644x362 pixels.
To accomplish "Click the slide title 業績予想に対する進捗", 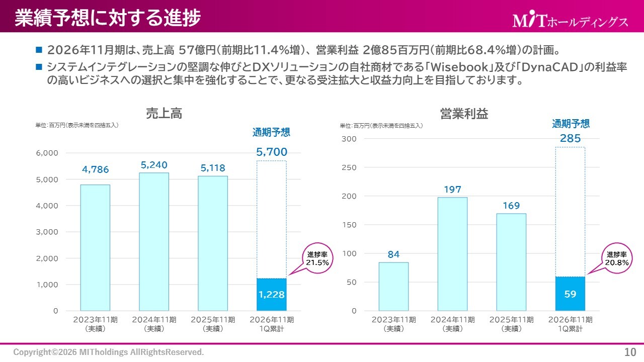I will (x=108, y=18).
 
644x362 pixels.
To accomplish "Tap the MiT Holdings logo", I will (x=570, y=21).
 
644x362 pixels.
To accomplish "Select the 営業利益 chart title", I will (x=464, y=114).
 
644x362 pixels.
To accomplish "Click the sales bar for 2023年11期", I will (x=95, y=247).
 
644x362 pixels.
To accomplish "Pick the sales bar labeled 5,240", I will (x=154, y=241).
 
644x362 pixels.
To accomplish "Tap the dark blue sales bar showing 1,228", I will (x=272, y=295).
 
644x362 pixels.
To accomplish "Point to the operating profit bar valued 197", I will (x=452, y=254).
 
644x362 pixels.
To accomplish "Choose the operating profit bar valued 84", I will (x=393, y=287).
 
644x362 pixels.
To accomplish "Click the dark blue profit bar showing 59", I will (x=570, y=294).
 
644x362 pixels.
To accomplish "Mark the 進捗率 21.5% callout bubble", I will (x=317, y=258).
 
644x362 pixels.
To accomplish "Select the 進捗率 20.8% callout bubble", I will (x=616, y=258).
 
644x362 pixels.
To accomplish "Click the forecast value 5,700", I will (x=272, y=152).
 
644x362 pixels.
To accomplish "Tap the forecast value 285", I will (x=570, y=138).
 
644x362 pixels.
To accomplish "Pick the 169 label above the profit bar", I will (x=511, y=206).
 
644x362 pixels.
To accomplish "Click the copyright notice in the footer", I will (x=109, y=352).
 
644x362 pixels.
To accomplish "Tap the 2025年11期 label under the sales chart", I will (x=213, y=324).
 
